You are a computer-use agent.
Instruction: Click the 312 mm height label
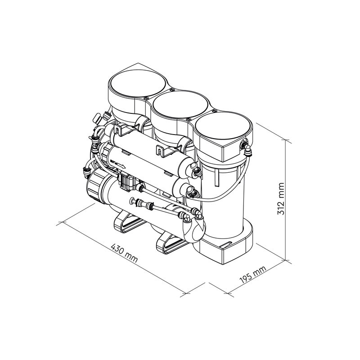[281, 199]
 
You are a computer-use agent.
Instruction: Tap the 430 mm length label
[124, 253]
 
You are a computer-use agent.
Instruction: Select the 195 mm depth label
[253, 274]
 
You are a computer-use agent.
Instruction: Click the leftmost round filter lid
[137, 83]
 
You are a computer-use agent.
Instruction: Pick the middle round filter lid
[180, 105]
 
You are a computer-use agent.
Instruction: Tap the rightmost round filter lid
[223, 126]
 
